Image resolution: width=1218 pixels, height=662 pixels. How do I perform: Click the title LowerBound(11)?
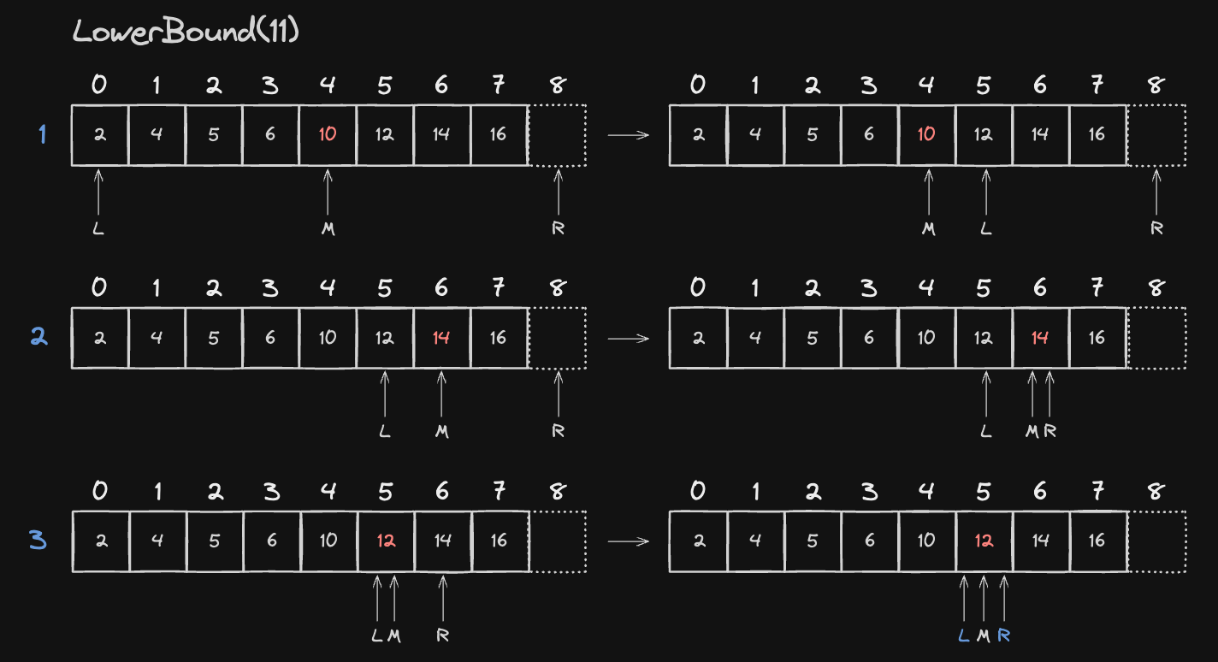point(186,31)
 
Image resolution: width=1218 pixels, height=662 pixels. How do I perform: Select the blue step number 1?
point(43,134)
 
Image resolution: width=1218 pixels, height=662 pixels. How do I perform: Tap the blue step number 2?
point(39,337)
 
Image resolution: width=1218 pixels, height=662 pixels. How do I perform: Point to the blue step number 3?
point(38,541)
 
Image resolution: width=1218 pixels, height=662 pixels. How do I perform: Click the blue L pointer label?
point(963,635)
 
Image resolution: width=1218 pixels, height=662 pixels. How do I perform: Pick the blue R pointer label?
point(1004,635)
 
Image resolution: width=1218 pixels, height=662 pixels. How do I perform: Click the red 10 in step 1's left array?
point(328,134)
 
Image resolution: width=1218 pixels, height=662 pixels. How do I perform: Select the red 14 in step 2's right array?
point(1039,338)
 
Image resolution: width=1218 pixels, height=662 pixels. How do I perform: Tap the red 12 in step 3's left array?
point(386,541)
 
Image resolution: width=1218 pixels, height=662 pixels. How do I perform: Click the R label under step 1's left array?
point(558,228)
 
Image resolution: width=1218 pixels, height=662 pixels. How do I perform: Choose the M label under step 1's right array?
point(929,229)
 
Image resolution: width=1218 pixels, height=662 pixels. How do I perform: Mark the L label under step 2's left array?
point(384,432)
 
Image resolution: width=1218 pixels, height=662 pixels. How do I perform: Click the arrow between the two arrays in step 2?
point(628,339)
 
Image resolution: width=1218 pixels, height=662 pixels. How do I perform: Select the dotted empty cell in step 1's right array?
point(1156,135)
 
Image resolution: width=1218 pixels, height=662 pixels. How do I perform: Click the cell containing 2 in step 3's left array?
point(101,541)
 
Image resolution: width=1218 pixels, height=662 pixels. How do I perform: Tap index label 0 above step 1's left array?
point(99,85)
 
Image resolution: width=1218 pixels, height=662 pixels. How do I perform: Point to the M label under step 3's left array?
point(394,635)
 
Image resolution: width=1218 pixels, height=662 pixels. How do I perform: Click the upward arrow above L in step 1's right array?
point(986,192)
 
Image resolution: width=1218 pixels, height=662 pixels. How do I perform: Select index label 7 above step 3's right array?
point(1097,491)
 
